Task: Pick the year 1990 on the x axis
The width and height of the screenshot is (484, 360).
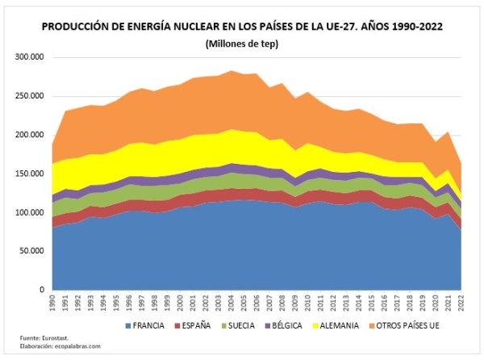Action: pyautogui.click(x=53, y=303)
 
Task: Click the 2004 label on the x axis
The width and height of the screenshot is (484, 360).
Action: pyautogui.click(x=231, y=303)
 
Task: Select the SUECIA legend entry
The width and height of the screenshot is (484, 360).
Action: pyautogui.click(x=240, y=325)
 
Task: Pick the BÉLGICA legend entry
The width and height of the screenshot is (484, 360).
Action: pyautogui.click(x=287, y=325)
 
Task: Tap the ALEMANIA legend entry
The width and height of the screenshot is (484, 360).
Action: pyautogui.click(x=339, y=325)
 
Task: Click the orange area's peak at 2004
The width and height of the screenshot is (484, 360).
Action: pyautogui.click(x=231, y=71)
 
